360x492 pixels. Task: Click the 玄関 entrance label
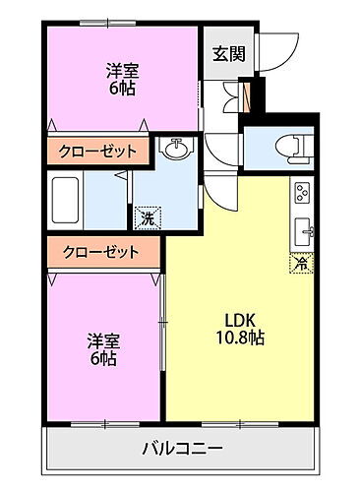(x=225, y=54)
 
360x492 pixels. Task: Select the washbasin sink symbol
(x=178, y=150)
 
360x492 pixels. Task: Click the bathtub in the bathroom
(x=69, y=195)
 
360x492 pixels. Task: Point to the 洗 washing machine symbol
(x=146, y=216)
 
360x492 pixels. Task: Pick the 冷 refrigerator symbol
(x=300, y=264)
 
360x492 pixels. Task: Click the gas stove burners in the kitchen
(x=302, y=191)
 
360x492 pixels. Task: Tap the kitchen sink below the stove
(x=302, y=231)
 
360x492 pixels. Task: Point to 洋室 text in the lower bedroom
(x=102, y=340)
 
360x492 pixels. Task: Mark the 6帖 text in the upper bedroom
(x=122, y=89)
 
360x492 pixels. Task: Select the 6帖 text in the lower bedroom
(x=102, y=360)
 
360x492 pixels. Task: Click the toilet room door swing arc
(x=222, y=157)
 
